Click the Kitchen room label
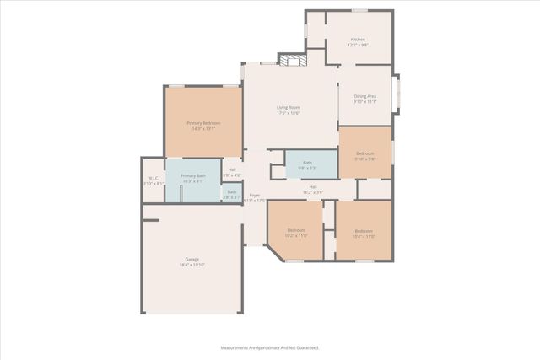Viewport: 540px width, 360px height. (x=358, y=40)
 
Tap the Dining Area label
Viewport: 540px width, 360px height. (x=364, y=97)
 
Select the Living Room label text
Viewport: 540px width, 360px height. (x=289, y=107)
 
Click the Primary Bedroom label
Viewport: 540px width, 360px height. (x=203, y=123)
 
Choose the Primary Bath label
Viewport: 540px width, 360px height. (x=192, y=175)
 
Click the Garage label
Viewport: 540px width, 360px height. (x=192, y=259)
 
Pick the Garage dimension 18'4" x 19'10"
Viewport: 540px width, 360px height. (x=192, y=265)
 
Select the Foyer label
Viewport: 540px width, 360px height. (x=255, y=196)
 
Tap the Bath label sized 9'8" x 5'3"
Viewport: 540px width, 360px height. (x=308, y=163)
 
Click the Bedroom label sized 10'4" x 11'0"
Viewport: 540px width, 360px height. (x=363, y=231)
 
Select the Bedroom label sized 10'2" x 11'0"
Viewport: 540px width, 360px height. (x=295, y=230)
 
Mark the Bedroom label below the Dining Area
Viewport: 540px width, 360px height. (x=364, y=153)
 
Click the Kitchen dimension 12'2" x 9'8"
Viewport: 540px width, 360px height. (x=358, y=46)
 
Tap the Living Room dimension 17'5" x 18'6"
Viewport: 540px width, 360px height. (x=289, y=113)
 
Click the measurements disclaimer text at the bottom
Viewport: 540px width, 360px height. (x=270, y=347)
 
